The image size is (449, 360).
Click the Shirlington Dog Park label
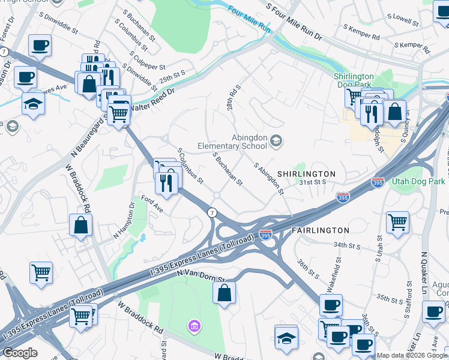point(354,80)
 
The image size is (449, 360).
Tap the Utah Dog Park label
point(418,180)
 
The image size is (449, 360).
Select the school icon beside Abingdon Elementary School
point(276,141)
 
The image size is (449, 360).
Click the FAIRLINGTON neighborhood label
point(320,230)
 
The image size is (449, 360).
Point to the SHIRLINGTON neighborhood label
point(306,173)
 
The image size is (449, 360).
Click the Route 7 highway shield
point(211,213)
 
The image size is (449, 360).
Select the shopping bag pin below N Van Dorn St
point(224,293)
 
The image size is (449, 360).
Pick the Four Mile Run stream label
point(250,19)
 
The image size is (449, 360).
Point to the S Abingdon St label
point(269,179)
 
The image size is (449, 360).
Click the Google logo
point(20,353)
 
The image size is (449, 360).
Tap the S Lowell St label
point(403,21)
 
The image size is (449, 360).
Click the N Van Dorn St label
point(200,275)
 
